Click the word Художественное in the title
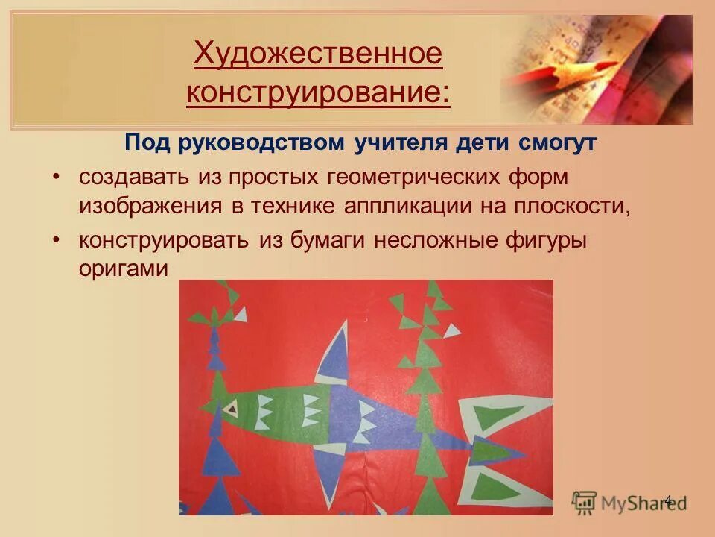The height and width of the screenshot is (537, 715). [x=318, y=54]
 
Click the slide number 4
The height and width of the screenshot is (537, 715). [x=667, y=500]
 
